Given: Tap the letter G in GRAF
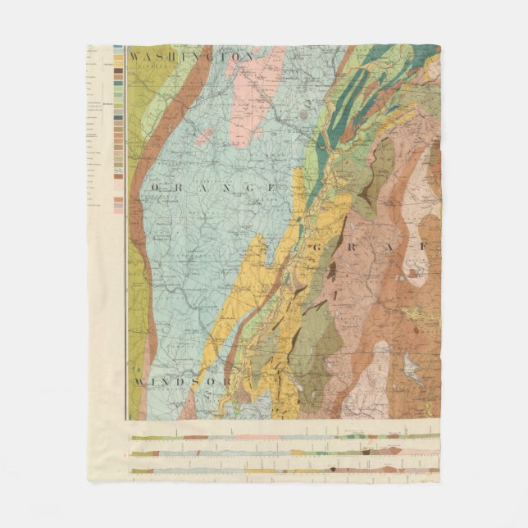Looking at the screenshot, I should click(x=338, y=247).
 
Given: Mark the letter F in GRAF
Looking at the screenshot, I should click(x=424, y=247).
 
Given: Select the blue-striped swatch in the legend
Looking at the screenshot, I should click(x=119, y=172).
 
